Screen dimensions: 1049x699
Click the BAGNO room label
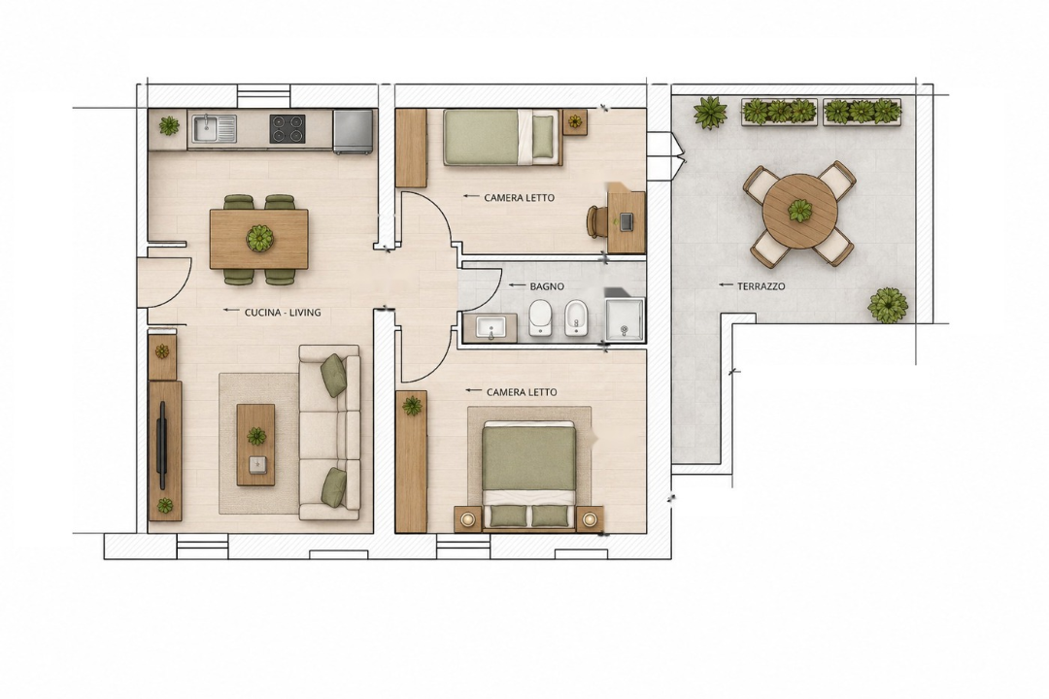[x=547, y=286]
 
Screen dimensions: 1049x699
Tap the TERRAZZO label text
[x=761, y=286]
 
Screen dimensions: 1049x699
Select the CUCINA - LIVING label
[x=283, y=313]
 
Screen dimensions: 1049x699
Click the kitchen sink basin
[x=215, y=128]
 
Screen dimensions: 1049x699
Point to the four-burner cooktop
[x=287, y=128]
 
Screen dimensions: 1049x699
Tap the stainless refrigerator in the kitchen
[x=354, y=132]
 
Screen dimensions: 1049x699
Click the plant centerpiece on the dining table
[x=259, y=238]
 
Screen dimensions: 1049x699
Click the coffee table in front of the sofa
[x=255, y=444]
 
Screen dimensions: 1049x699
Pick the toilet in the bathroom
[x=540, y=317]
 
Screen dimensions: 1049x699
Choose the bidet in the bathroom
[x=575, y=317]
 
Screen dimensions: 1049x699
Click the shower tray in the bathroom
[x=625, y=320]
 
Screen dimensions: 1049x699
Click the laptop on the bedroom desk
[x=626, y=222]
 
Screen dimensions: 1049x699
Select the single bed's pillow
[x=543, y=137]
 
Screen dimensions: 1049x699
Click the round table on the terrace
[x=800, y=212]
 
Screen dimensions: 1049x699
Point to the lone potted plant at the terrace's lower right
[x=888, y=305]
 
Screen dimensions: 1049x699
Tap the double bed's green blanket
[x=528, y=458]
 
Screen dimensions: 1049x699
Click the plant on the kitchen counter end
[x=169, y=125]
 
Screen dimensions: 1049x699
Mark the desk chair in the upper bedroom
[x=594, y=221]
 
